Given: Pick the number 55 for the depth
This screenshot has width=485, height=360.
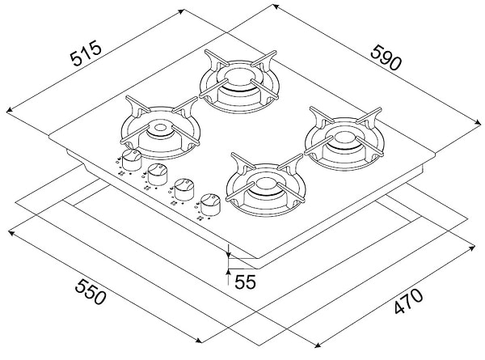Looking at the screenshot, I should click(247, 282).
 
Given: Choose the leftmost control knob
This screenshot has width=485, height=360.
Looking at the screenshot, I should click(132, 155).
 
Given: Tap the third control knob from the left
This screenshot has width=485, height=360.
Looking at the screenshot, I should click(185, 187).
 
